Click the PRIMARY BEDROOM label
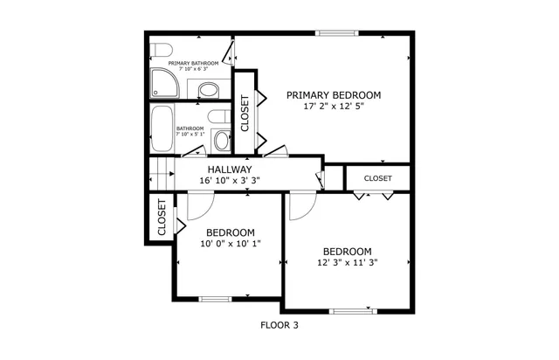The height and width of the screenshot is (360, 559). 334,95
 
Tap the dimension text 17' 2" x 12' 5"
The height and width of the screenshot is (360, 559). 334,107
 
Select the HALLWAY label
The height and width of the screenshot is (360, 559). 230,170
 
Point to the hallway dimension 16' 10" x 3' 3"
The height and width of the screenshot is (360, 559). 230,181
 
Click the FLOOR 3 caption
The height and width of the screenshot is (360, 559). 279,325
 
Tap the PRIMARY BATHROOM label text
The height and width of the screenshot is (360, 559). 193,64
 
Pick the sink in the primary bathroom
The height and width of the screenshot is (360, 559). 209,89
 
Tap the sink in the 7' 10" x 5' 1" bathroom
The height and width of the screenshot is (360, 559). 220,140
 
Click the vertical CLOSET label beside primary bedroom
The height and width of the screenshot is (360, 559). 245,113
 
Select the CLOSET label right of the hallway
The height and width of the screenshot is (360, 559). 377,178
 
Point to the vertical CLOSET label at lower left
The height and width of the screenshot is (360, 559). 162,218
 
